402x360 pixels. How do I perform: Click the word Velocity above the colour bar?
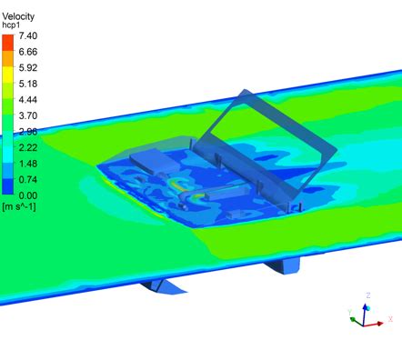(20, 15)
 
